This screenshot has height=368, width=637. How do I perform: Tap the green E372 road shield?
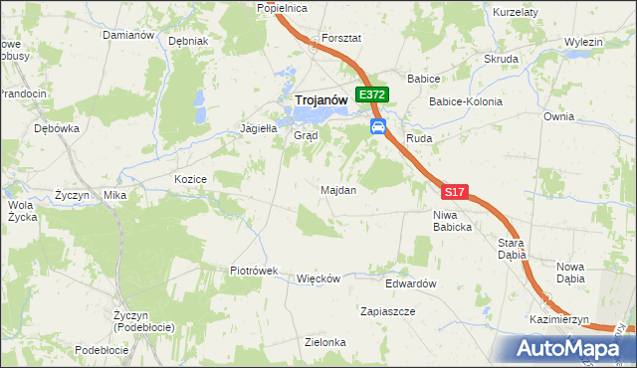click(372, 94)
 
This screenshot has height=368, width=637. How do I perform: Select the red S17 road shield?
click(454, 191)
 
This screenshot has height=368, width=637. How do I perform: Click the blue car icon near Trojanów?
click(378, 126)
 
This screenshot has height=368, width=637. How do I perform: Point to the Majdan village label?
click(338, 189)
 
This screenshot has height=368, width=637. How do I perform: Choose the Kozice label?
click(189, 179)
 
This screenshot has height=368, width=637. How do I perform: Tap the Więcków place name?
click(318, 278)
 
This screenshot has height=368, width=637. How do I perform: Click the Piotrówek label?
click(253, 271)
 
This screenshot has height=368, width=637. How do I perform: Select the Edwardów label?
click(412, 283)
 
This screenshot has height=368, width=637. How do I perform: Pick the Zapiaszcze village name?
click(388, 311)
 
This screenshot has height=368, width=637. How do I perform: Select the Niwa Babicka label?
click(452, 220)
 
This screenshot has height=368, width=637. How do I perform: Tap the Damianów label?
click(128, 34)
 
